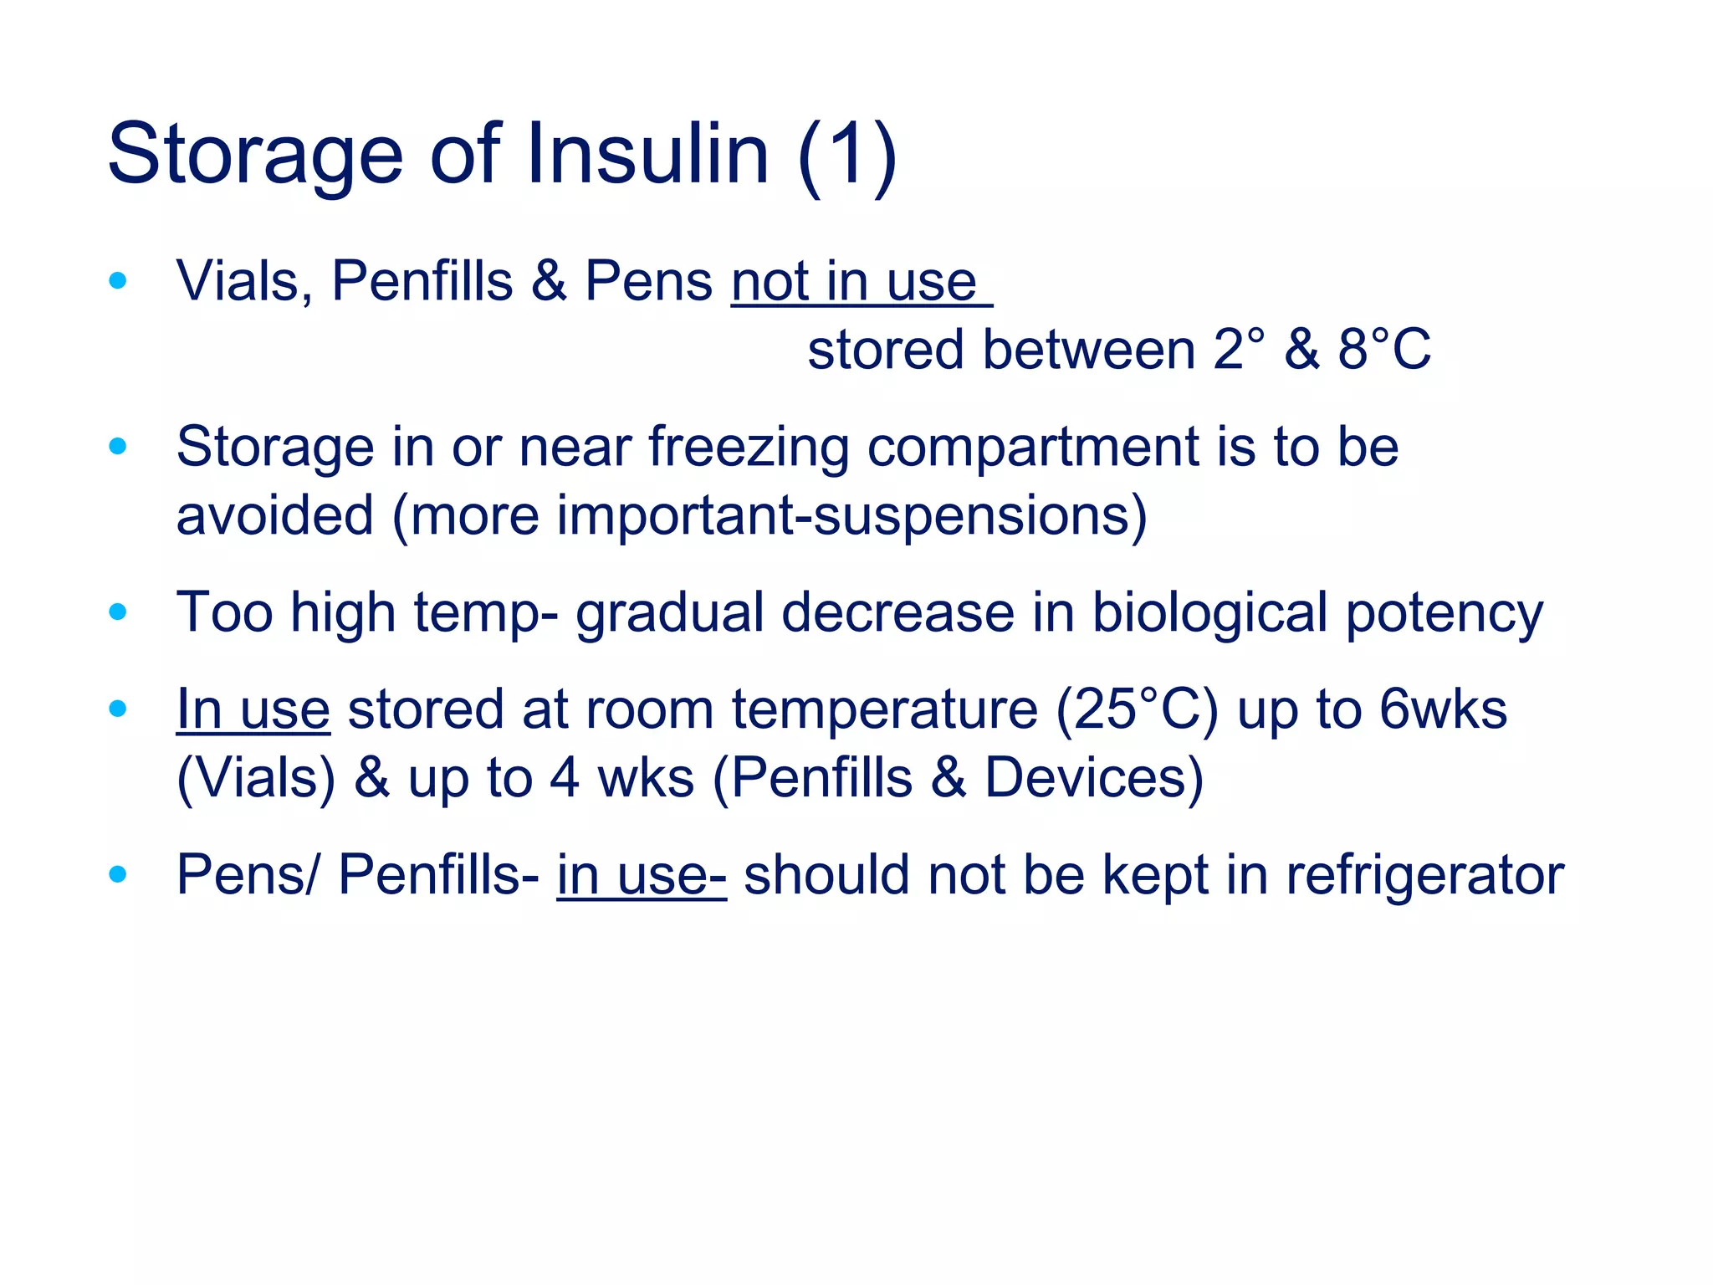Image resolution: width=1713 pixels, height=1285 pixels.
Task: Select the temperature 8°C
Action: [x=1384, y=350]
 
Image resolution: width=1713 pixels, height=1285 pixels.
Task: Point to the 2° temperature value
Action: [x=1238, y=350]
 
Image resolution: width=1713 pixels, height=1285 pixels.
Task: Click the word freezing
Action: [x=749, y=448]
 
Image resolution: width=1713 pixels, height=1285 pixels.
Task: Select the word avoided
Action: [x=274, y=515]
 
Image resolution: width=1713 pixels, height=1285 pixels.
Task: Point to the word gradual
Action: [x=669, y=613]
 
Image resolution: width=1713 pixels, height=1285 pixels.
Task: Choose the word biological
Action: [x=1210, y=613]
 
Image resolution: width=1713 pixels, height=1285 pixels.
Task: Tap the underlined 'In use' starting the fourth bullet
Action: [x=253, y=710]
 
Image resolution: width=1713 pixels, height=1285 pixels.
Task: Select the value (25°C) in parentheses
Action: [x=1137, y=710]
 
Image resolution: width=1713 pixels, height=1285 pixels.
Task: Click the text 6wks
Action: [x=1443, y=710]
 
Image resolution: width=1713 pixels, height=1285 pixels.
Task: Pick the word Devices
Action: [x=1094, y=778]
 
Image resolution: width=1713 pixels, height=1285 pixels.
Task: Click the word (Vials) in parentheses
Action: [x=256, y=778]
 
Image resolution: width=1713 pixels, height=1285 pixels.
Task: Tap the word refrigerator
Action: [x=1424, y=876]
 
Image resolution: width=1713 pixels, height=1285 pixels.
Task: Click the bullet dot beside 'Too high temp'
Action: [x=118, y=612]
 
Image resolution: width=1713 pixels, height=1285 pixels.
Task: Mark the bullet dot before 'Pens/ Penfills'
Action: [x=118, y=875]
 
